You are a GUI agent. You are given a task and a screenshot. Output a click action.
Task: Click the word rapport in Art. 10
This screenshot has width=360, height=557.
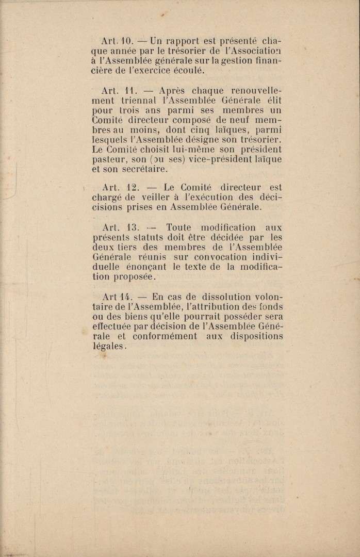point(182,40)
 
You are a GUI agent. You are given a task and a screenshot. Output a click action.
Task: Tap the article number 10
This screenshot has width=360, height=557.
point(127,40)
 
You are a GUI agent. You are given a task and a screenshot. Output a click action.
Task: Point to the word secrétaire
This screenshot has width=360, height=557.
point(145,169)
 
